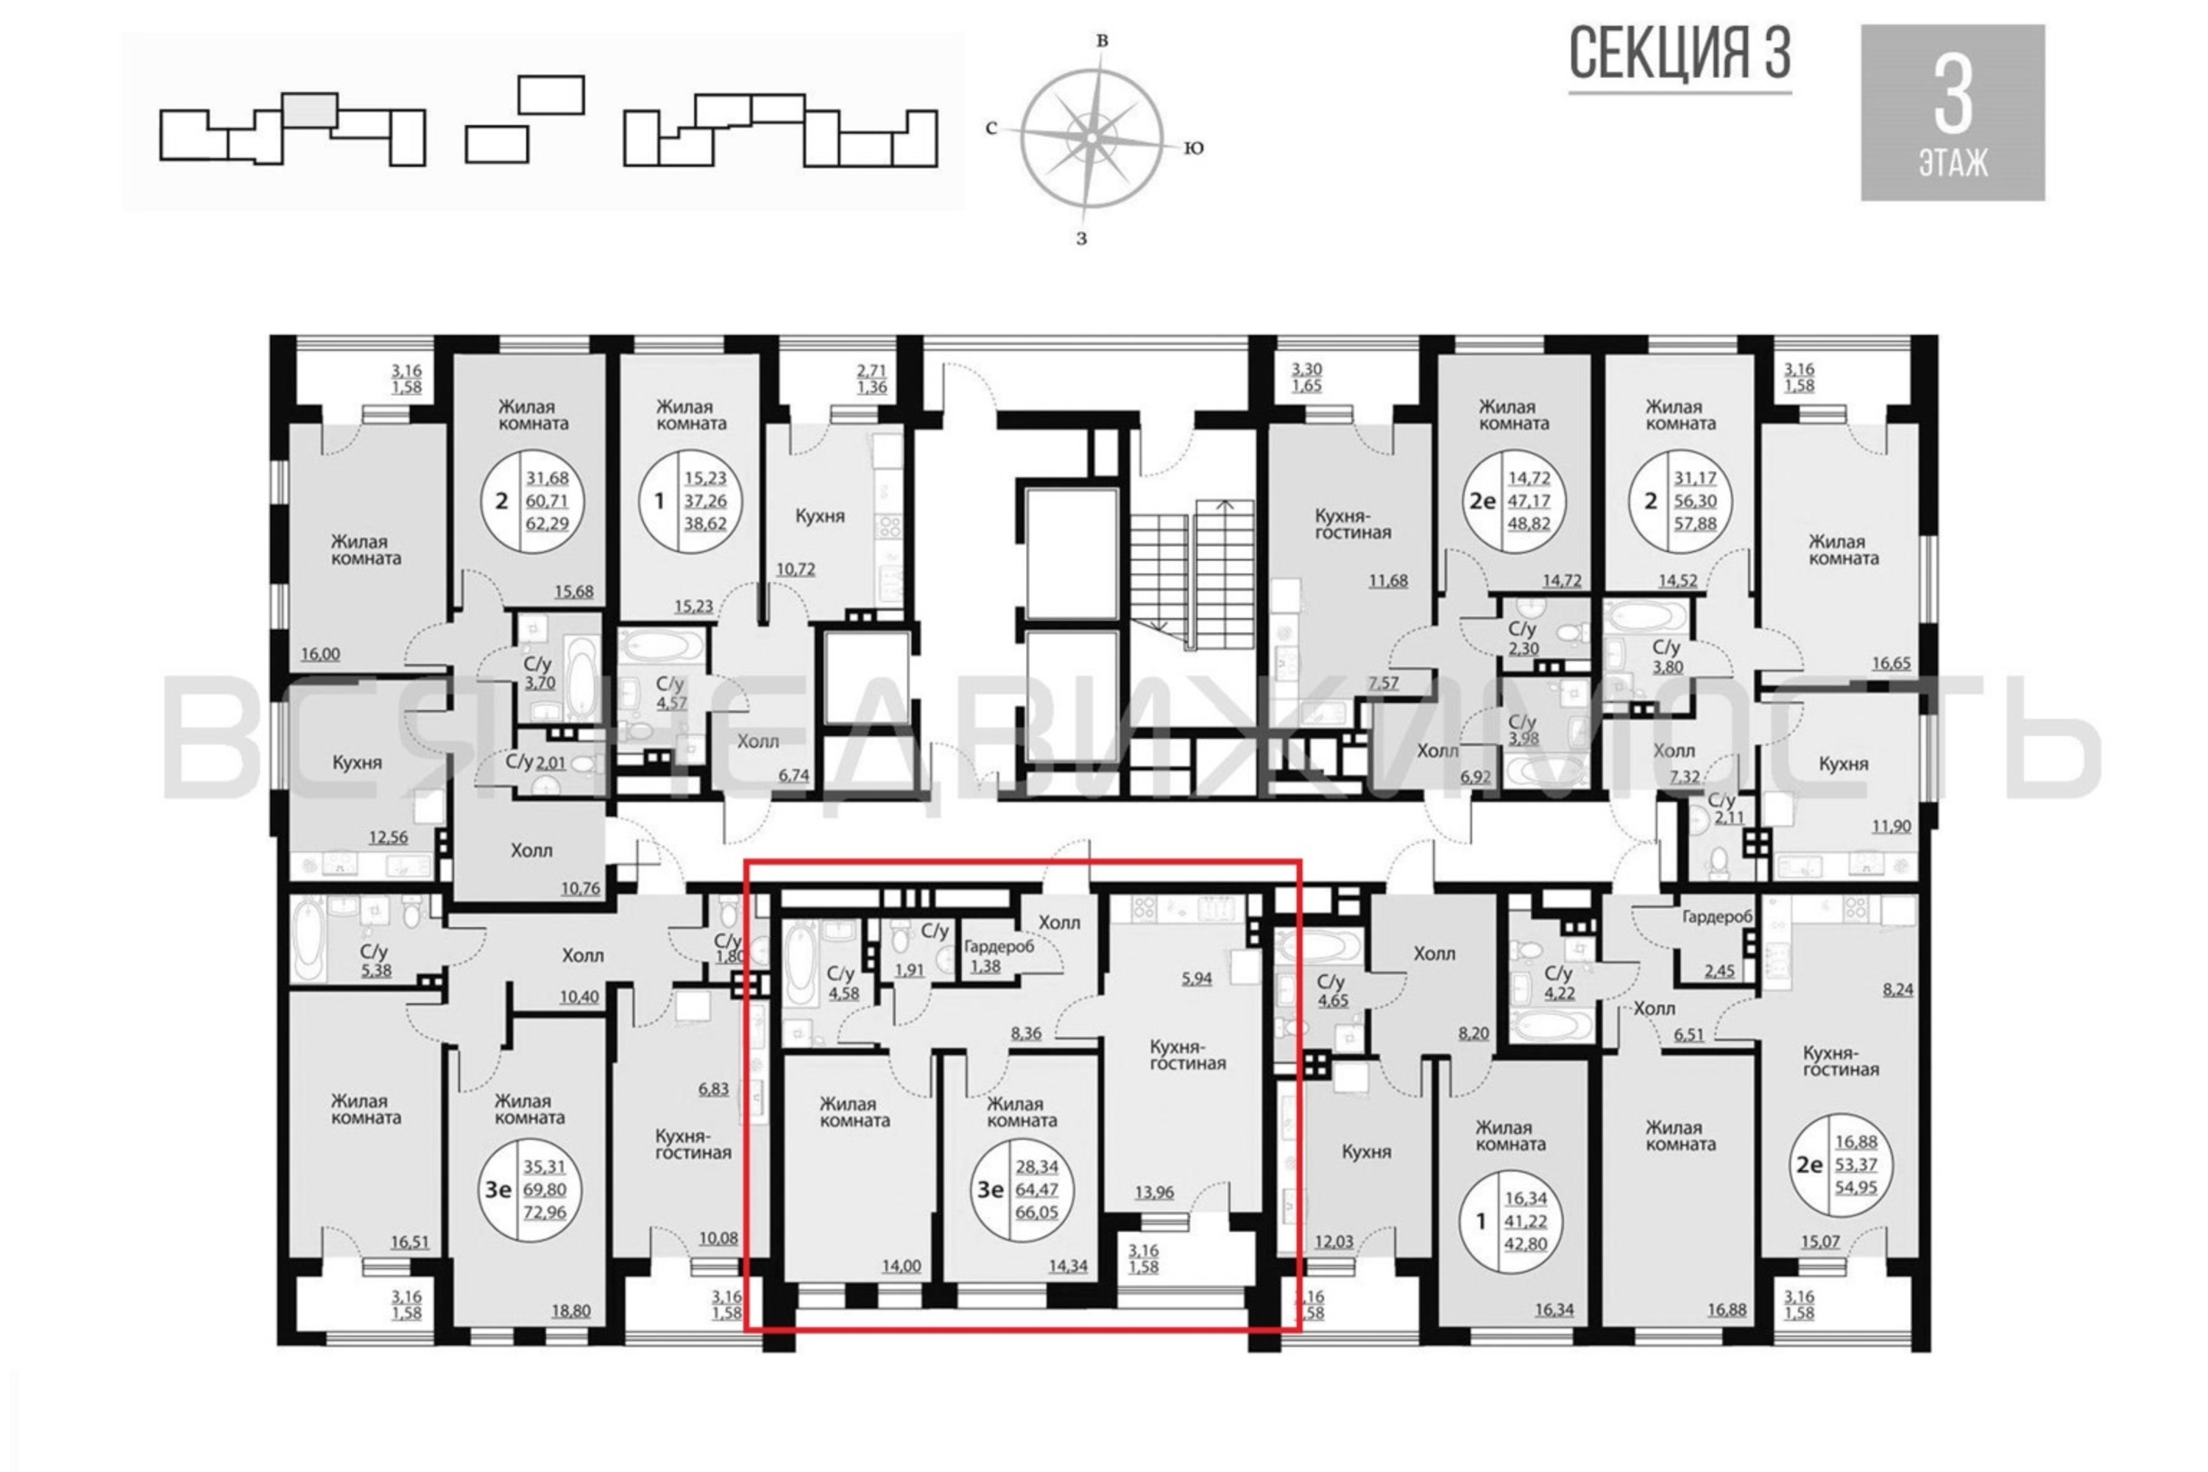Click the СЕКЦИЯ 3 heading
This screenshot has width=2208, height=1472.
(1680, 54)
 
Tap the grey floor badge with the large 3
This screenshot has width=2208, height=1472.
(1953, 113)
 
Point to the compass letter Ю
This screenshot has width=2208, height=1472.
(1193, 147)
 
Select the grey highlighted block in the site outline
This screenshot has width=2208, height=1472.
(310, 110)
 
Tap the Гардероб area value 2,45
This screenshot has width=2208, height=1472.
(1720, 972)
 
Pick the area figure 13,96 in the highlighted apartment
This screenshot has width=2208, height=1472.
(1154, 1193)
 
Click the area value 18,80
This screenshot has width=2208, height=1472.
(571, 1311)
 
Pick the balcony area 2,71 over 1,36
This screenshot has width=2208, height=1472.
(872, 378)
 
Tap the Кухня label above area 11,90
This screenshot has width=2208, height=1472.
(1844, 764)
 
